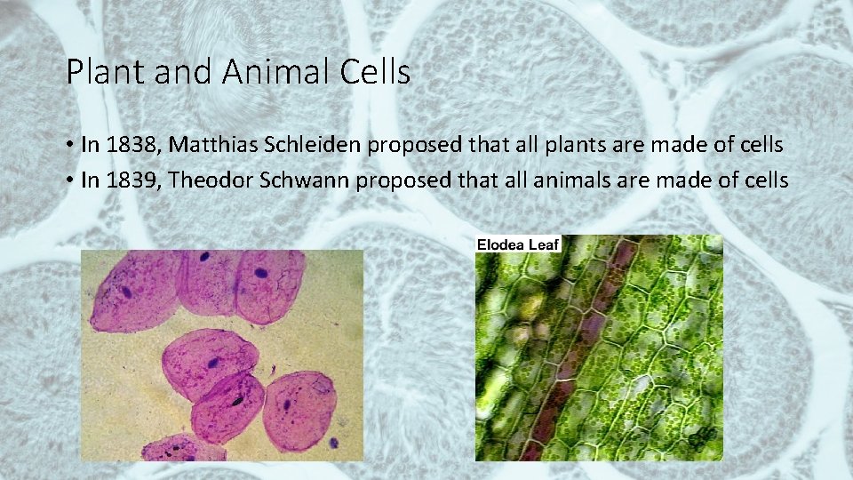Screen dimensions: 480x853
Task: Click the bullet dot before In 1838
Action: pos(69,145)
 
